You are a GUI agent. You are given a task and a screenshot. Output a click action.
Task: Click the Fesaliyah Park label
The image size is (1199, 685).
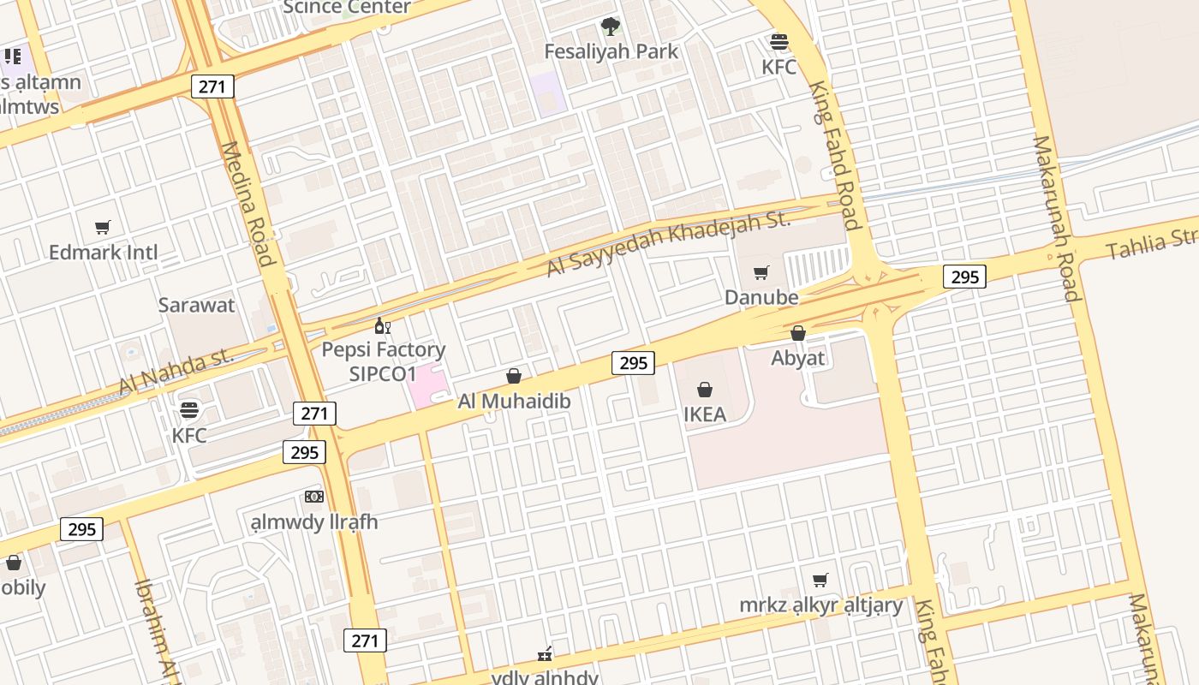[611, 51]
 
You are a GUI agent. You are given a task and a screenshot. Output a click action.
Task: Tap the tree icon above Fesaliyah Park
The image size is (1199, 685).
[610, 27]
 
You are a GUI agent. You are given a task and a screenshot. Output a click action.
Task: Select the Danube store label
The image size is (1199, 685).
[761, 297]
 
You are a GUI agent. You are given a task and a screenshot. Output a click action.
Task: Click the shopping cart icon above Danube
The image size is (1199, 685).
[761, 273]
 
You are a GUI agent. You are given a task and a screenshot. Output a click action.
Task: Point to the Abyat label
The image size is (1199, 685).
[797, 358]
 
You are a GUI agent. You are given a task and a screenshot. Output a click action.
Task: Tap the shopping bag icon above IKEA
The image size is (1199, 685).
[705, 390]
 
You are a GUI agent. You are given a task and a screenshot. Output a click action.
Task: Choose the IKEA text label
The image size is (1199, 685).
[705, 414]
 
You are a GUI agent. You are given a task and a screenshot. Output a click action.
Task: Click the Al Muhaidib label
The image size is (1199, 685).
[514, 401]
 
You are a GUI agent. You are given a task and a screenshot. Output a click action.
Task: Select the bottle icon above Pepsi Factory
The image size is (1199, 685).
[383, 325]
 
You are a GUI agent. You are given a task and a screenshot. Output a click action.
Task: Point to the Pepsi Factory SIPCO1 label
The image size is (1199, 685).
[383, 361]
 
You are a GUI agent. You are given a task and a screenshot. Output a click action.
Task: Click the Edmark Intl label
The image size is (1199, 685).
[103, 253]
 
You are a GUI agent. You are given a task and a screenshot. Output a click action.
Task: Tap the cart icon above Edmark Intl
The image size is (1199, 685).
[103, 228]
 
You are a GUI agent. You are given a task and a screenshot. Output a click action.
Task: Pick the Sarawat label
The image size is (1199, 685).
[196, 305]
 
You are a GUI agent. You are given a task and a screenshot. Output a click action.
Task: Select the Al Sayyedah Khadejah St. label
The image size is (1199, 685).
[669, 242]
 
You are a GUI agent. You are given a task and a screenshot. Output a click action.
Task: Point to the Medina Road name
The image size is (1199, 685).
[248, 204]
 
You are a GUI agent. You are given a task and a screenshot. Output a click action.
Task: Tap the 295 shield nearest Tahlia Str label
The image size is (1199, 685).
[964, 277]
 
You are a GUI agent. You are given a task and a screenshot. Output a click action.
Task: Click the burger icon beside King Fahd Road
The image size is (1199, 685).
[779, 41]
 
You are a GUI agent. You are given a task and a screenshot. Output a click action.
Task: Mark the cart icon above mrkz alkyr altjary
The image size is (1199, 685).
[820, 581]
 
